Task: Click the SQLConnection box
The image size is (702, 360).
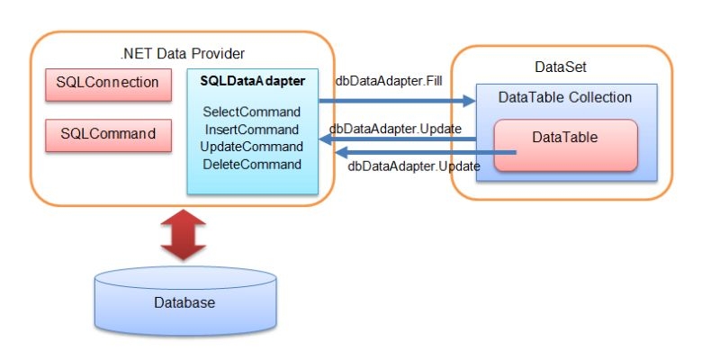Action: coord(108,85)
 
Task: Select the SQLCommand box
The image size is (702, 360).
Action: coord(108,135)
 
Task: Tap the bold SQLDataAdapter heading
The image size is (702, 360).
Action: coord(253,81)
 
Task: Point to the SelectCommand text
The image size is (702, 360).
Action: coord(252,112)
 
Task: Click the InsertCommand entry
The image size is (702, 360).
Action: coord(252,130)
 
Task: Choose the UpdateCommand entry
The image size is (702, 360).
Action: coord(252,147)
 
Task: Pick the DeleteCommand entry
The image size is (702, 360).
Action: coord(252,165)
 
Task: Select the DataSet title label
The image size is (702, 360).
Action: coord(561,67)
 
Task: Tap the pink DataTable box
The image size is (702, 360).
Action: coord(565,145)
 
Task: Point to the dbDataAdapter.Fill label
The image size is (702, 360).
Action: coord(389,81)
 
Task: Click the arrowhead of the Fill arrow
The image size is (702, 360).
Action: coord(469,101)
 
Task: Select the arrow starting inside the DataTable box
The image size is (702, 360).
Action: coord(426,153)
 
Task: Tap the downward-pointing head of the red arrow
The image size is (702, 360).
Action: coord(183,252)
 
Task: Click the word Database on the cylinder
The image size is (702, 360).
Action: coord(184,302)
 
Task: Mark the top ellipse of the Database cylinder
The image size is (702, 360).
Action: coord(185,277)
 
